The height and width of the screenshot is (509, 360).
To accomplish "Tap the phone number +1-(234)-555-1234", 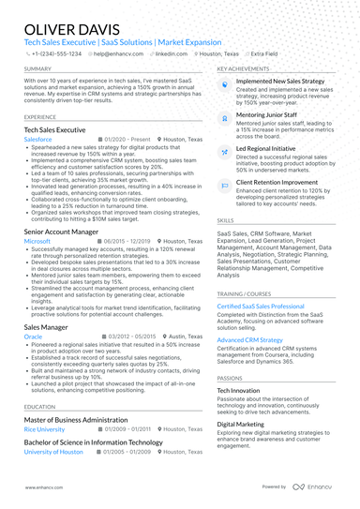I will pos(56,54).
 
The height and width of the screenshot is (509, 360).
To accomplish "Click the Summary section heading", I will pos(38,69).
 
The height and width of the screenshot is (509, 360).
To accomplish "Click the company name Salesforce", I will pos(38,138).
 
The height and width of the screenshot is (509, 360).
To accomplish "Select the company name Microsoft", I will pos(37,240).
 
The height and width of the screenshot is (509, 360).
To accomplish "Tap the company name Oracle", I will pos(33,336).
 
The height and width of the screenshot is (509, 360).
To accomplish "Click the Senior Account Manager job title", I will pos(61,231).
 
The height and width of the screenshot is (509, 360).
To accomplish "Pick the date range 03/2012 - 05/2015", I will pos(131,336).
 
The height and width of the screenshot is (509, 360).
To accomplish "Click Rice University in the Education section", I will pos(44,429).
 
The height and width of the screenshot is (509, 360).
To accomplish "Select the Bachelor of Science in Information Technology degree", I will pos(93,442).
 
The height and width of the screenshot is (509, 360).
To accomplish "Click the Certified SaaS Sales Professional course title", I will pos(261,306).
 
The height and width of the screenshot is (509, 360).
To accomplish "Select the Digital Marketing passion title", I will pos(242,424).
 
